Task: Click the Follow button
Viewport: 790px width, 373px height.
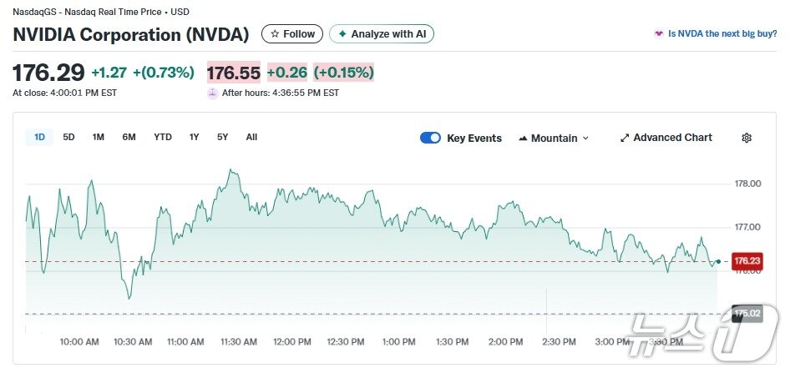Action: (x=292, y=34)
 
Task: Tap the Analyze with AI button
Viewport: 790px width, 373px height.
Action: (x=382, y=34)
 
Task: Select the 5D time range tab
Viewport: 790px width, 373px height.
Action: (x=68, y=137)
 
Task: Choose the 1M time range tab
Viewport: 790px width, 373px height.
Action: (x=99, y=137)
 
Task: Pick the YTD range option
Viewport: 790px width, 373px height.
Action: (x=162, y=137)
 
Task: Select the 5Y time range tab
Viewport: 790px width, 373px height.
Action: (x=222, y=137)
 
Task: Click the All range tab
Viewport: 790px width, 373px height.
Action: (x=251, y=137)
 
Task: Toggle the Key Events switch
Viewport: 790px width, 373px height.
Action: (x=430, y=138)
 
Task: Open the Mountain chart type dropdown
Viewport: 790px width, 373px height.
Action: (x=554, y=138)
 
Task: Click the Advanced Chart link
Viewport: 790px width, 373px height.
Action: (x=666, y=138)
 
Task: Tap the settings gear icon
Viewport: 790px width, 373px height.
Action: (x=747, y=138)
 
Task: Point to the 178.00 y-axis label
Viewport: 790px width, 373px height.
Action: (x=747, y=184)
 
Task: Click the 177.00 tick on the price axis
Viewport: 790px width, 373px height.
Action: (x=747, y=227)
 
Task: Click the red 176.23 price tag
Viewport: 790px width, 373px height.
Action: (x=747, y=261)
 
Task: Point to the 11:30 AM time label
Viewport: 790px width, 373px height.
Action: (x=239, y=341)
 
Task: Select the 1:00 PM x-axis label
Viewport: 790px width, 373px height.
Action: (x=398, y=341)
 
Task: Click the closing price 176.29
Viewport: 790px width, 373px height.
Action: (x=48, y=73)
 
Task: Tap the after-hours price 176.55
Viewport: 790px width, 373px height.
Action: (x=234, y=73)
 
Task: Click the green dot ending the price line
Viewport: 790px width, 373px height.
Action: (x=718, y=261)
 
